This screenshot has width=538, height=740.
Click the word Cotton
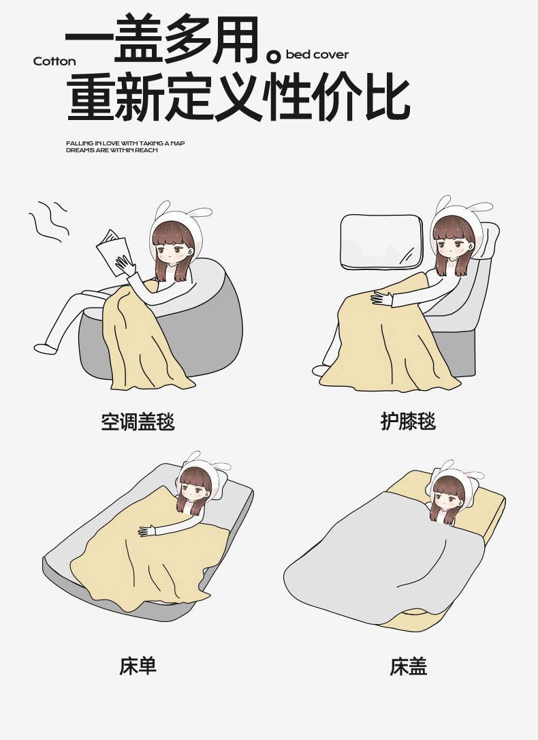tap(54, 61)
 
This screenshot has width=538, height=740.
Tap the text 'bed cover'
tap(317, 55)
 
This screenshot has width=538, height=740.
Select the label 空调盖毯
tap(138, 421)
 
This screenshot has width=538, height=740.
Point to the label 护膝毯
tap(408, 421)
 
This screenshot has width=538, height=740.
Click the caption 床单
tap(138, 666)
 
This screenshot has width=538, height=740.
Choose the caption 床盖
tap(408, 666)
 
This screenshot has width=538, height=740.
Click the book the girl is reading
tap(113, 250)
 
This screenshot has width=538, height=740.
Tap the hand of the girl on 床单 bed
tap(148, 531)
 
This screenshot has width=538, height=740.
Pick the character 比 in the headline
tap(387, 99)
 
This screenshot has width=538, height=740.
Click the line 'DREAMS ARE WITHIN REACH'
tap(112, 150)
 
